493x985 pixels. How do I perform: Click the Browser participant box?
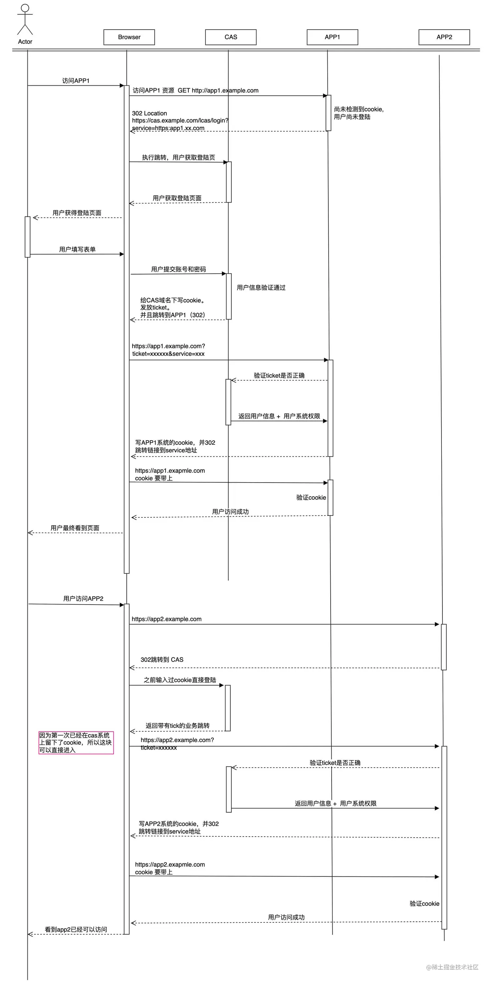(x=129, y=37)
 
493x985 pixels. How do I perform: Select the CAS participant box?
(x=231, y=37)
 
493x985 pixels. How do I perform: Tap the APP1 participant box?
(x=332, y=37)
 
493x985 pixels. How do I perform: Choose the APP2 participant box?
(x=444, y=37)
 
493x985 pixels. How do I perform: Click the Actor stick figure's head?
(x=25, y=8)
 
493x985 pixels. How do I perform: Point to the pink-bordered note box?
(x=76, y=742)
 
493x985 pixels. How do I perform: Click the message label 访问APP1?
(x=76, y=81)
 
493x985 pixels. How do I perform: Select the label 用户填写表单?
(x=77, y=249)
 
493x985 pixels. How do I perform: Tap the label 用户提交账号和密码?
(x=178, y=269)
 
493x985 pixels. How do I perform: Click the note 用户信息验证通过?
(x=261, y=288)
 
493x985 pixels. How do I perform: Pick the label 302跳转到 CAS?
(x=162, y=660)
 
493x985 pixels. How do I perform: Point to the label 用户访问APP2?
(x=83, y=598)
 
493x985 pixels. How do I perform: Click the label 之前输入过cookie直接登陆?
(x=180, y=680)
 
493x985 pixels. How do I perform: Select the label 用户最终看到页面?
(x=75, y=528)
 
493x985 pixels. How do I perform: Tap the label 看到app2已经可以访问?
(x=76, y=930)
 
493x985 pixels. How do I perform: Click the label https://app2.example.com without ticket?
(x=166, y=619)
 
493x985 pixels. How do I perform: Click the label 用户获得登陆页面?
(x=77, y=213)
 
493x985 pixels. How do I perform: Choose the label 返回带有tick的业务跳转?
(x=177, y=726)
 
